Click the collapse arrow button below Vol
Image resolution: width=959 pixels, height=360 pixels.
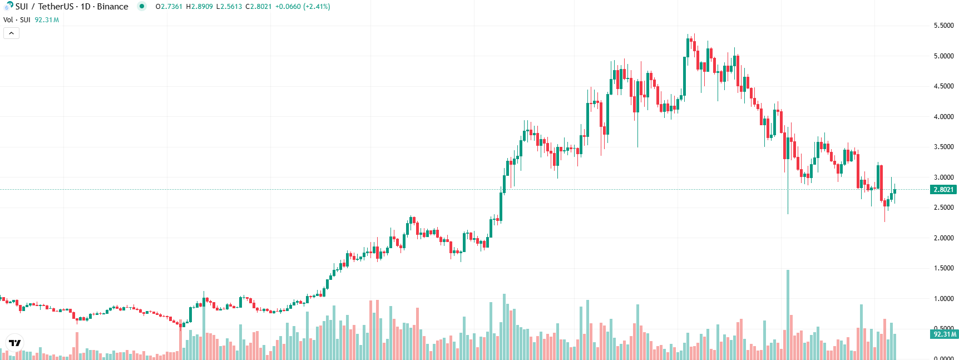[x=11, y=33]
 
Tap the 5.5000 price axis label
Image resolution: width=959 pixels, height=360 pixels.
[x=943, y=26]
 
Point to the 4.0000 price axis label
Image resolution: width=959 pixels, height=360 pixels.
[x=943, y=117]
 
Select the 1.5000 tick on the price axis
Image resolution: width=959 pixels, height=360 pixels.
[x=943, y=268]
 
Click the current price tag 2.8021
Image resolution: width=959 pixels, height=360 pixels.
[x=943, y=190]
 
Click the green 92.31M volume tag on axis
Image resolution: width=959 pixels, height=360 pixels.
[x=945, y=334]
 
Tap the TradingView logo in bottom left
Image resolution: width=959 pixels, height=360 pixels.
[x=14, y=343]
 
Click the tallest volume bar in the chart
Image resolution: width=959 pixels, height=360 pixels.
[x=788, y=314]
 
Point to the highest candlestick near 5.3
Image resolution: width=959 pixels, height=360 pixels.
[x=688, y=47]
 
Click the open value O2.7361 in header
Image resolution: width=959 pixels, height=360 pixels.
[x=169, y=7]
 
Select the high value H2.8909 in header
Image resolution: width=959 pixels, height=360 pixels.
[x=199, y=7]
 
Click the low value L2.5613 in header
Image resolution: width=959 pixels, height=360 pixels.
[x=229, y=7]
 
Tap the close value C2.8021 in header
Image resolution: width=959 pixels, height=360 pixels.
[x=259, y=7]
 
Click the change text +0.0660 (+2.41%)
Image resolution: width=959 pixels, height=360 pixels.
[x=303, y=7]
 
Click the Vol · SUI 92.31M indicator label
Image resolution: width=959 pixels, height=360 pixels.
[x=31, y=20]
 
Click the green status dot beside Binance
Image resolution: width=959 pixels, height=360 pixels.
[x=142, y=7]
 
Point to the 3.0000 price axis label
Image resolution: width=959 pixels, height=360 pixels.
[x=943, y=177]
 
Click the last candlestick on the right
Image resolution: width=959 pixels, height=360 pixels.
[x=894, y=192]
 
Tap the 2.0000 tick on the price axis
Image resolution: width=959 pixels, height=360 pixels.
[x=943, y=238]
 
